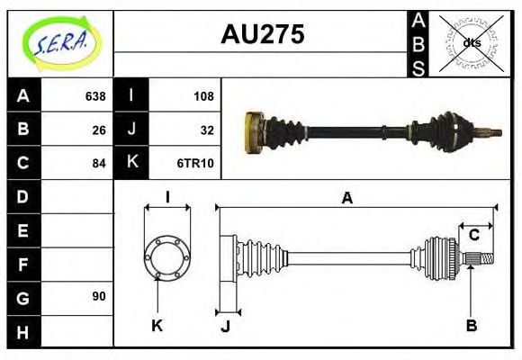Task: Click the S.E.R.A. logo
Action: click(60, 43)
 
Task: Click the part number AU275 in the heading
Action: click(262, 35)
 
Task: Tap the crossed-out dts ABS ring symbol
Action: click(471, 42)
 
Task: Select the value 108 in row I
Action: click(203, 95)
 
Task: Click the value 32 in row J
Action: click(206, 129)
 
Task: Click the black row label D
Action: click(23, 196)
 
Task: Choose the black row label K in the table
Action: click(131, 163)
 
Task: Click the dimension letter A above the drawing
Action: click(346, 199)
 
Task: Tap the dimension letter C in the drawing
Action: click(474, 236)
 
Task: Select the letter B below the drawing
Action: click(471, 325)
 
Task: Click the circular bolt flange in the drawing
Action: click(167, 257)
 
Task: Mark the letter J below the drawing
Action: click(225, 326)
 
